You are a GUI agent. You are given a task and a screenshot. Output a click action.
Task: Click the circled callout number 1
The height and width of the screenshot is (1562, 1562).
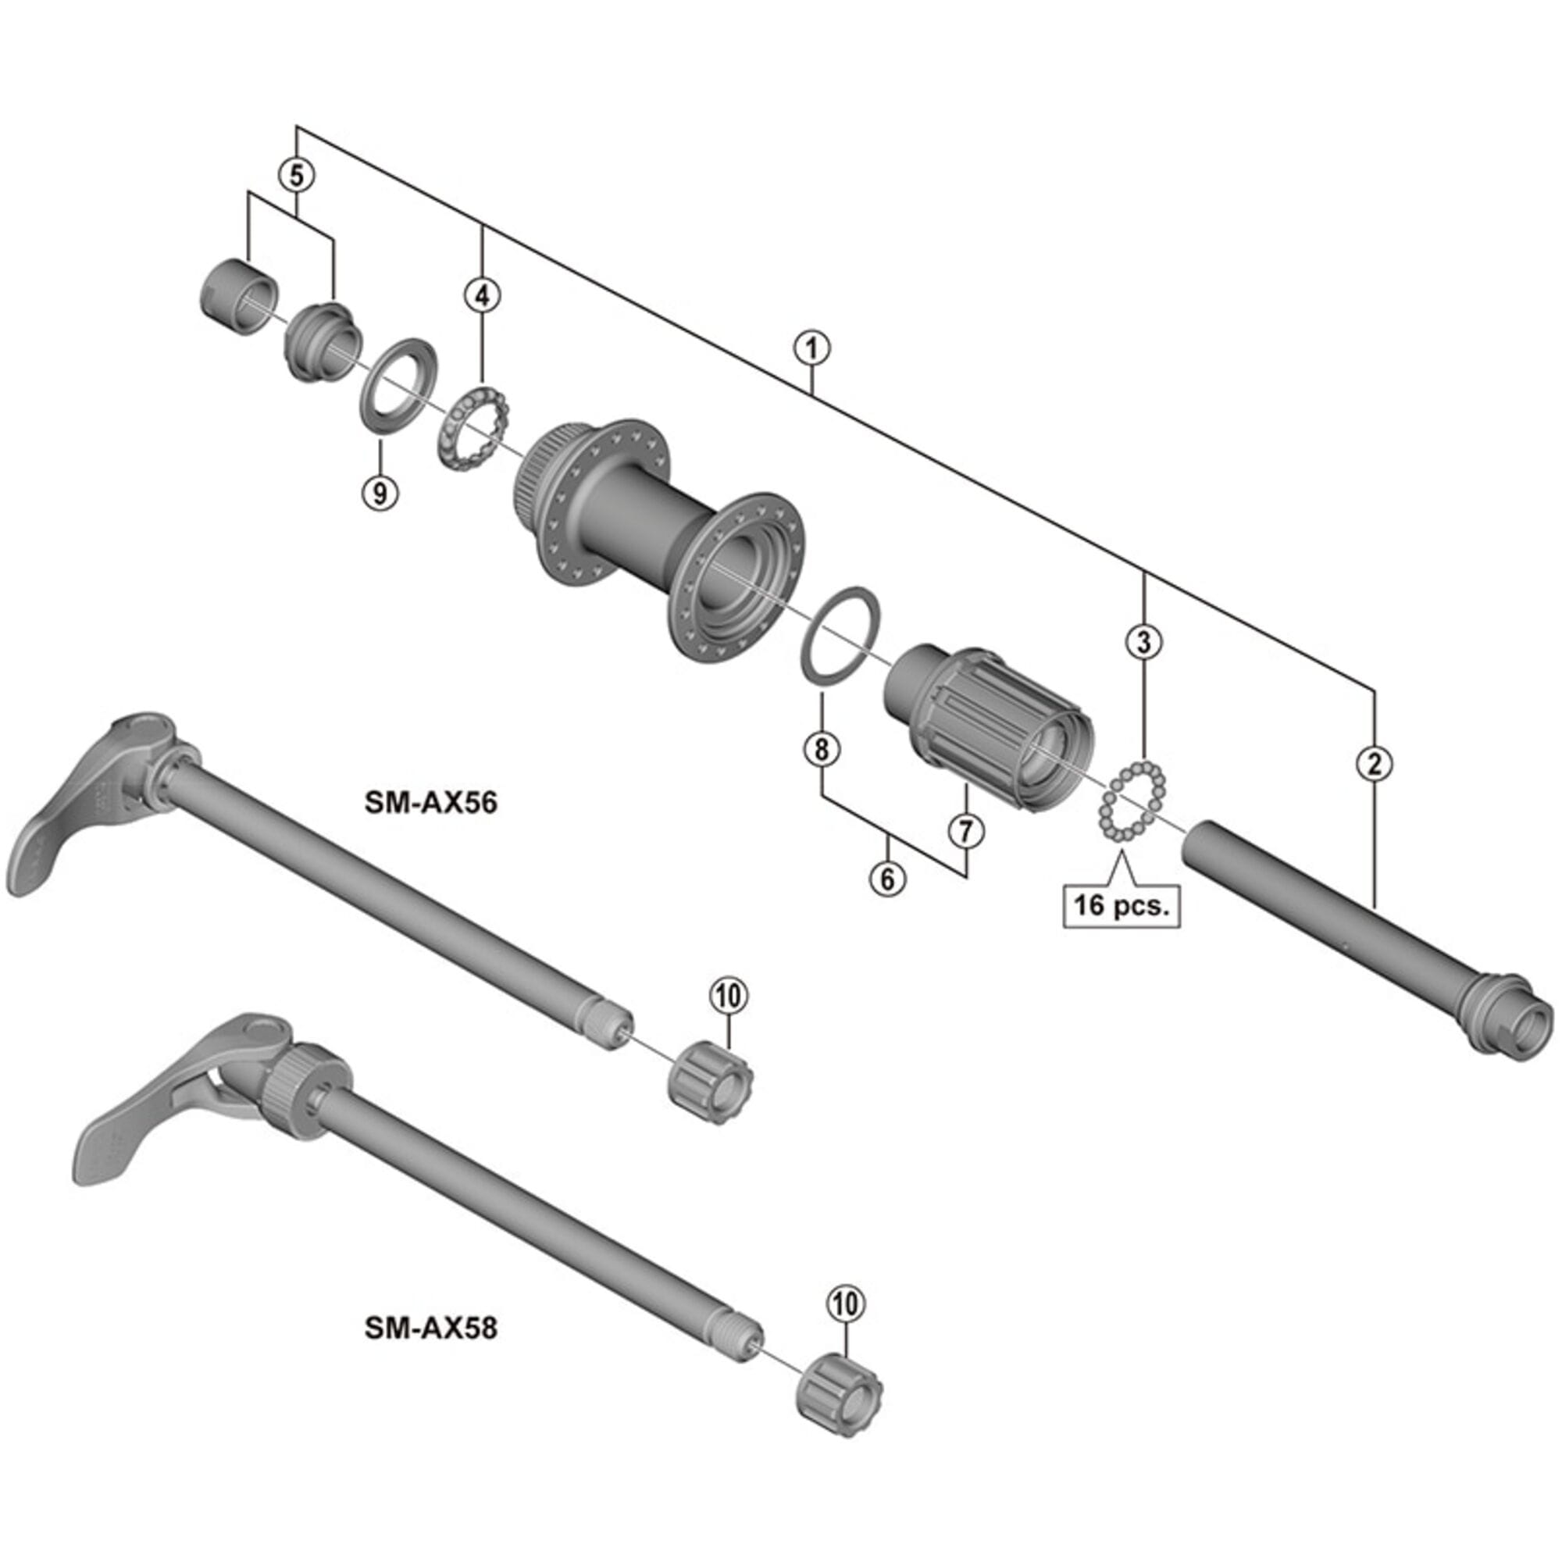click(811, 349)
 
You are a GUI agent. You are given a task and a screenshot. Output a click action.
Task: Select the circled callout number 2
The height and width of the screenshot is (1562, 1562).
click(1375, 763)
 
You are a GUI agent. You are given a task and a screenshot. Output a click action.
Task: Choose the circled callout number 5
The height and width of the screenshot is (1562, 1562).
click(297, 174)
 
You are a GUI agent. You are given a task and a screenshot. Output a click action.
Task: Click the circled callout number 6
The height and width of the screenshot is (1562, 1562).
click(888, 877)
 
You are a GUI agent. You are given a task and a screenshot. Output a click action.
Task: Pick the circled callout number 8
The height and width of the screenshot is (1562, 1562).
click(822, 750)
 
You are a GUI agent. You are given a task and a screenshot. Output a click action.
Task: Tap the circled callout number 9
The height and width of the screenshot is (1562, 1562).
click(380, 490)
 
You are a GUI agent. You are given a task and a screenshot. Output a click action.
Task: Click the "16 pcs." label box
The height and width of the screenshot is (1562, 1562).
click(1122, 904)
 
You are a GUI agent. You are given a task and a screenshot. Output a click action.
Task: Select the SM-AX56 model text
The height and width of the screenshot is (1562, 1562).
click(431, 802)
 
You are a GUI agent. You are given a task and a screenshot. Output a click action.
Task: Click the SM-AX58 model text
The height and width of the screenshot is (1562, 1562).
click(431, 1328)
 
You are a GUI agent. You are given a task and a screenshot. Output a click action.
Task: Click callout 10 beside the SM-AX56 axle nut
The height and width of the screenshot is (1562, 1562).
click(729, 996)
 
